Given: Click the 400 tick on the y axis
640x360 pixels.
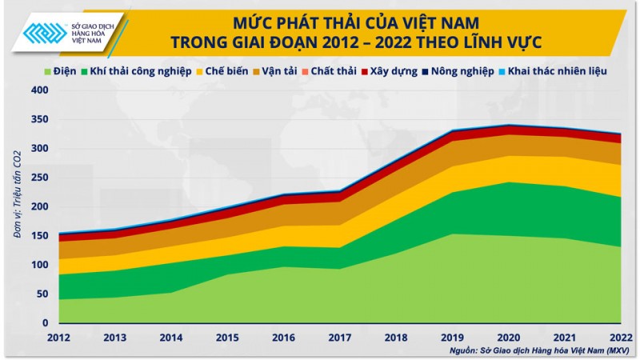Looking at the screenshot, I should pyautogui.click(x=40, y=90).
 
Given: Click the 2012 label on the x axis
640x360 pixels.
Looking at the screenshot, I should pyautogui.click(x=59, y=337).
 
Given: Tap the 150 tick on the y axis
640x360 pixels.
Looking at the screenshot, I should pyautogui.click(x=40, y=236).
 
